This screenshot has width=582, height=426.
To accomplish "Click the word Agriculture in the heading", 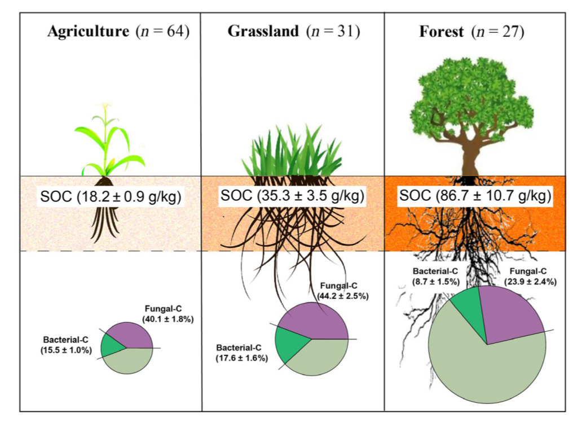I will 88,31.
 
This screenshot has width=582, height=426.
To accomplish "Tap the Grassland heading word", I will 263,31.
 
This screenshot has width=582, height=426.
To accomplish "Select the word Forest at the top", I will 441,31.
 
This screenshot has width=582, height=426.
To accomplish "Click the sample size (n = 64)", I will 162,31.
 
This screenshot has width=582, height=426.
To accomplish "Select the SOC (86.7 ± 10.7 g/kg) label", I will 475,196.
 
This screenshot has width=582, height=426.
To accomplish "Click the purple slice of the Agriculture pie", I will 133,335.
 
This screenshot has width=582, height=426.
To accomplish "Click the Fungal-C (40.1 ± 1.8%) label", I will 167,314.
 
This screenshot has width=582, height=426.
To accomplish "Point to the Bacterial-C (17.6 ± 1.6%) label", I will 241,353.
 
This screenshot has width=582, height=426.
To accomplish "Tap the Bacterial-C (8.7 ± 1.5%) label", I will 435,275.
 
